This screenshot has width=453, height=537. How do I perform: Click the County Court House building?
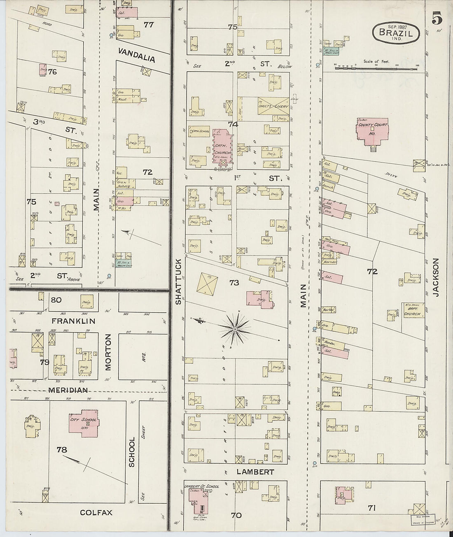click(x=373, y=132)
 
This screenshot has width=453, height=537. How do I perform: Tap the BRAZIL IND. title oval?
click(x=396, y=32)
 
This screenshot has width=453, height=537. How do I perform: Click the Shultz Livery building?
click(x=273, y=106)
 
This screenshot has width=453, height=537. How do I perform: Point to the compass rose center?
click(x=235, y=329)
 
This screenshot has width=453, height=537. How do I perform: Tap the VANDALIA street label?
click(x=137, y=55)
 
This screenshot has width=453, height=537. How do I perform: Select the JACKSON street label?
click(x=436, y=277)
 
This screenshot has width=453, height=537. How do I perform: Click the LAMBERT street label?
click(x=255, y=472)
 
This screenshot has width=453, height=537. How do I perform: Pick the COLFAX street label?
click(x=96, y=513)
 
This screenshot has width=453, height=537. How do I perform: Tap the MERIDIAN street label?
click(x=68, y=390)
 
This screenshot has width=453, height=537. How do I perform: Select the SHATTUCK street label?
click(x=178, y=281)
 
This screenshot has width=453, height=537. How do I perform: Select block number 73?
click(x=234, y=283)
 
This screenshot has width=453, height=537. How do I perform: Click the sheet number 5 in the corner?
click(x=437, y=19)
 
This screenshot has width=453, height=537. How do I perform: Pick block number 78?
click(x=62, y=450)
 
